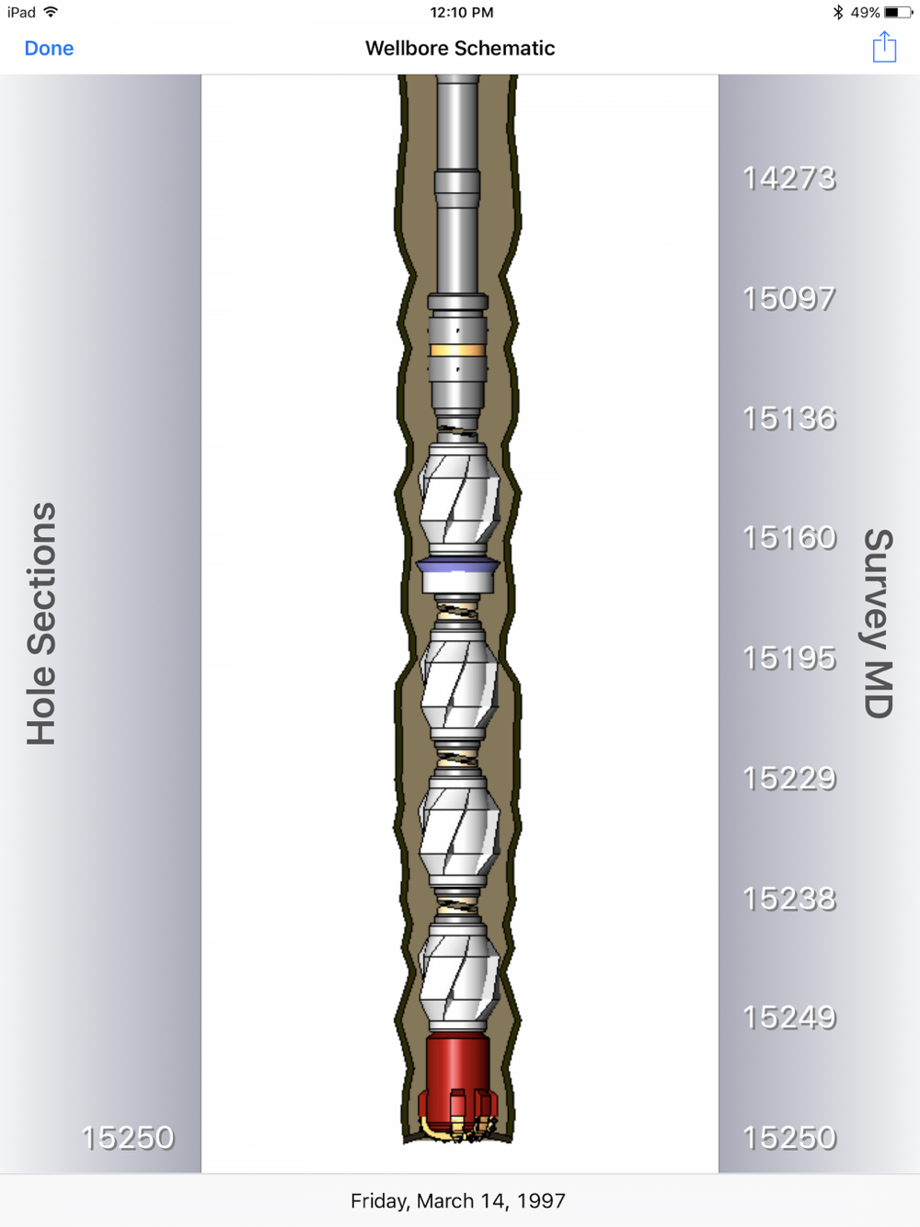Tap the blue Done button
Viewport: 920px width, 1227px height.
pyautogui.click(x=49, y=48)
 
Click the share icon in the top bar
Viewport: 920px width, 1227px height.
pyautogui.click(x=884, y=47)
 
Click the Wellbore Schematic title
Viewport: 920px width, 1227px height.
pyautogui.click(x=460, y=48)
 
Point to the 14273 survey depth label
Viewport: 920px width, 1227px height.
pyautogui.click(x=789, y=178)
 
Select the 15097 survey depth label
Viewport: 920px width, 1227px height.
pyautogui.click(x=789, y=299)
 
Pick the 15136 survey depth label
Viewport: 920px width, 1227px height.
pyautogui.click(x=789, y=419)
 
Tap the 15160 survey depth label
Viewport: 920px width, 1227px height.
pyautogui.click(x=789, y=538)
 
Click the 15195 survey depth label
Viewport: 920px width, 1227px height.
pyautogui.click(x=789, y=658)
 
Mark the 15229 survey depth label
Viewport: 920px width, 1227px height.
pyautogui.click(x=789, y=778)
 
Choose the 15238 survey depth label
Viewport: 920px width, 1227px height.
pyautogui.click(x=789, y=899)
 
